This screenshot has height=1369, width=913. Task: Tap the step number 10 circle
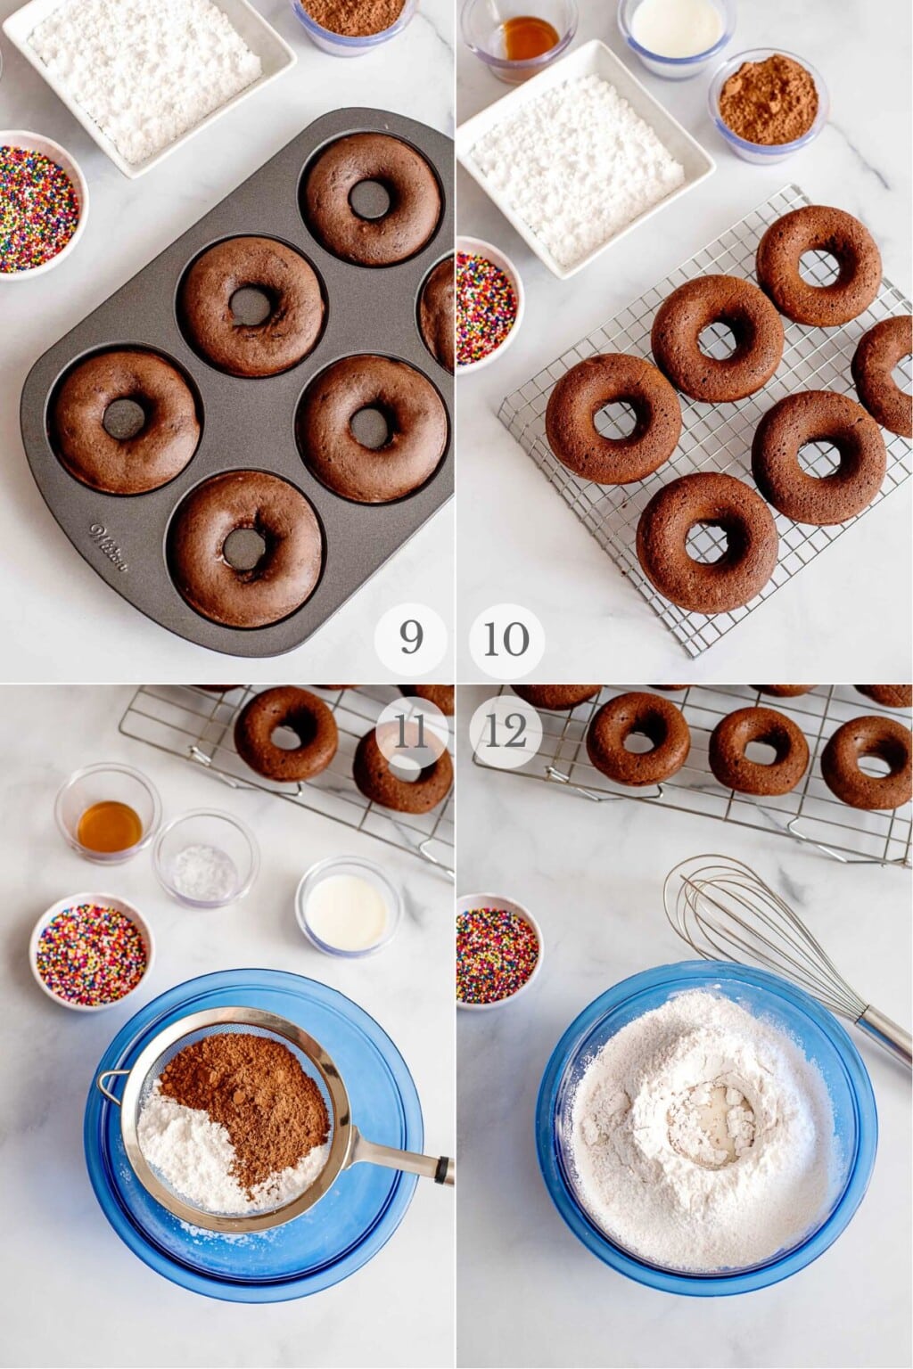coord(506,638)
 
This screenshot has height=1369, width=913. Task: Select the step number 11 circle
coord(410,733)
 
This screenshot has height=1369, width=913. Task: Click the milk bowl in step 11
coord(348,906)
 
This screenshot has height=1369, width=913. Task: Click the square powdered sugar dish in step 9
coord(147,67)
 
